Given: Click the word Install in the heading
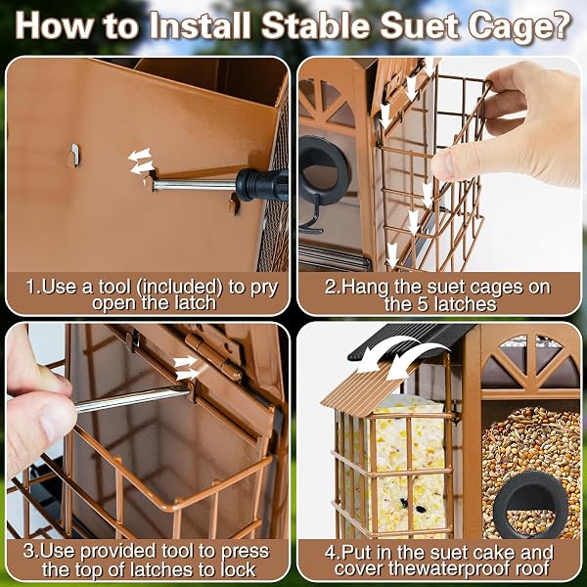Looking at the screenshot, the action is pos(200,25).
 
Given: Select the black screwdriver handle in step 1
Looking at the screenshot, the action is pos(262,185).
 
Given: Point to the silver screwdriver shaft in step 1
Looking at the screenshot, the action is pos(195,185).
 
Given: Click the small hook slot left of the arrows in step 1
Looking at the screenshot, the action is pos(75,155).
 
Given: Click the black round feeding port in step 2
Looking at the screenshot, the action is pos(323,170).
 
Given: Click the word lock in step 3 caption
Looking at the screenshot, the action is pos(238,569).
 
